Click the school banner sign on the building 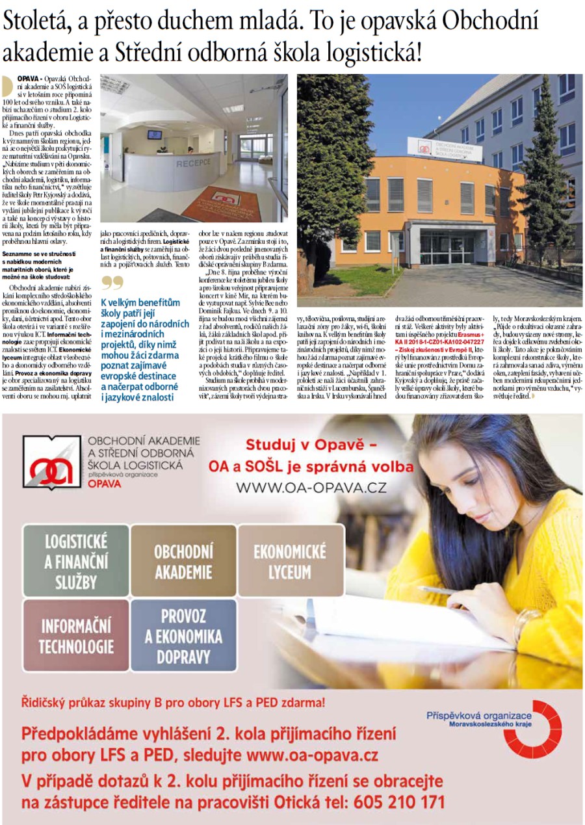[x=445, y=149]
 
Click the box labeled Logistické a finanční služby [x=76, y=560]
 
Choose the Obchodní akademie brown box [x=183, y=560]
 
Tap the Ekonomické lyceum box [x=290, y=560]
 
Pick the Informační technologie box [x=76, y=635]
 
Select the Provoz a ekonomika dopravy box [x=183, y=635]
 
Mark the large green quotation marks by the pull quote [x=112, y=283]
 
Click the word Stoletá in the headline [x=38, y=21]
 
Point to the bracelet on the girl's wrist [x=518, y=625]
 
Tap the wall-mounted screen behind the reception [x=155, y=135]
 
